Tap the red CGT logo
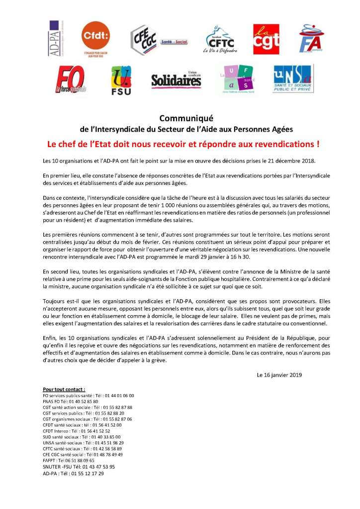pyautogui.click(x=266, y=39)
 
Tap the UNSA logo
pyautogui.click(x=292, y=79)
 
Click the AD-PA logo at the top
pyautogui.click(x=56, y=38)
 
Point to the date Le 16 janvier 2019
pyautogui.click(x=279, y=375)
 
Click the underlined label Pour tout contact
pyautogui.click(x=64, y=389)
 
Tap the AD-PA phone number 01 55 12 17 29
pyautogui.click(x=85, y=474)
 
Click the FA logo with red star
pyautogui.click(x=311, y=39)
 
